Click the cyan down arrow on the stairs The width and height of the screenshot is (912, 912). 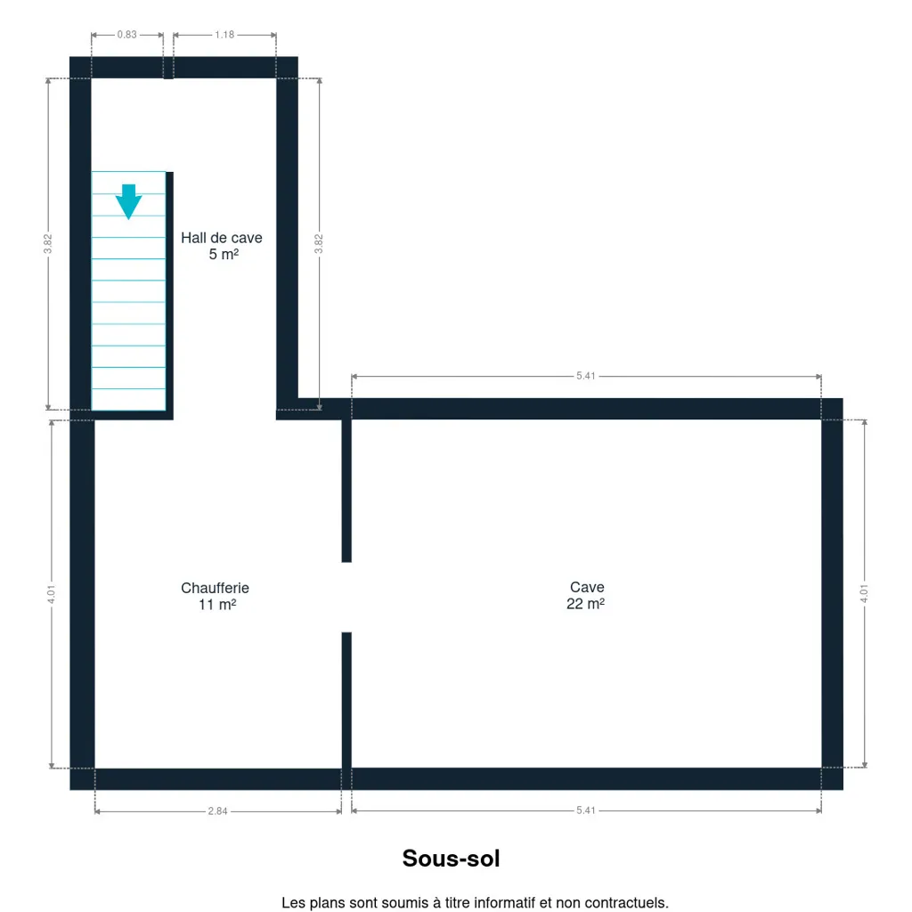[128, 201]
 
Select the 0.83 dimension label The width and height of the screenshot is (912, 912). [126, 35]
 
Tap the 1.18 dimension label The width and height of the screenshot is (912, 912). [224, 35]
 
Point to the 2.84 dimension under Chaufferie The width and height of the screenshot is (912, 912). [217, 811]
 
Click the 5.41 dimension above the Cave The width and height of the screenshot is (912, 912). [586, 377]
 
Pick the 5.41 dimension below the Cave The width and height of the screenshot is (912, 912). [586, 810]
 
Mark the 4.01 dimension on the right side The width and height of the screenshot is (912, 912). [864, 594]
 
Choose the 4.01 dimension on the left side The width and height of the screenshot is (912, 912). [52, 594]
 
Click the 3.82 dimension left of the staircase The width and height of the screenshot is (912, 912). [48, 244]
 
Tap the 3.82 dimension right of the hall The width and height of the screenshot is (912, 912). [319, 244]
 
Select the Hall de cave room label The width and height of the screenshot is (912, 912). [222, 238]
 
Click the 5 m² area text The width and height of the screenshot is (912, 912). [224, 254]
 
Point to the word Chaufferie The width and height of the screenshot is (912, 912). [216, 588]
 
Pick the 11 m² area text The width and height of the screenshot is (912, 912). [217, 605]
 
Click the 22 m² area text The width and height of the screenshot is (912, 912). [586, 604]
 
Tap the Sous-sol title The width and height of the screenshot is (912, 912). [452, 859]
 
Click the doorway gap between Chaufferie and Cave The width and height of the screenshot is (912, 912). [346, 598]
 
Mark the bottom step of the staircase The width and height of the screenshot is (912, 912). [128, 400]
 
